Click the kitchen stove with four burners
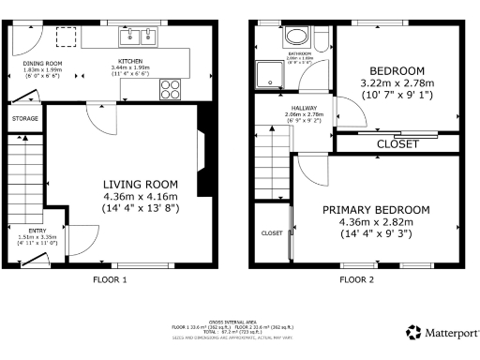coord(172,90)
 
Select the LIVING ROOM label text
coord(140,184)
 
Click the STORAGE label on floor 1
coord(26,120)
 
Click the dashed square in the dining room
coord(67,37)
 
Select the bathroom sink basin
coord(296,37)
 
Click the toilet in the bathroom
coord(322,38)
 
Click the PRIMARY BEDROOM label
coord(376,209)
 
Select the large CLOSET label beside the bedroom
coord(397,143)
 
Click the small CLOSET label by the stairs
coord(272,232)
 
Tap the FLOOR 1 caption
coord(111,279)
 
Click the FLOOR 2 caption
coord(356,279)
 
